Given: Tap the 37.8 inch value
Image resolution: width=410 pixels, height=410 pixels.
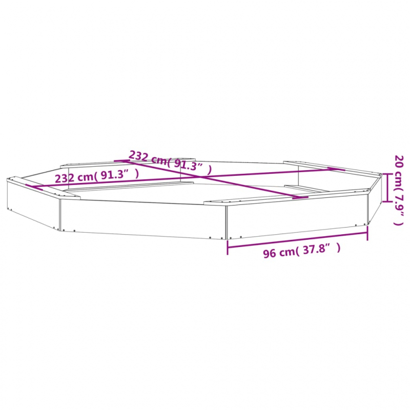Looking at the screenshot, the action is pyautogui.click(x=315, y=249).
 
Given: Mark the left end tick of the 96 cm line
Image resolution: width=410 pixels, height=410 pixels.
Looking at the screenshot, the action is pyautogui.click(x=228, y=248).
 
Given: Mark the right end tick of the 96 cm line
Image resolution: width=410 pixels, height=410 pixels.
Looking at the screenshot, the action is pyautogui.click(x=367, y=233).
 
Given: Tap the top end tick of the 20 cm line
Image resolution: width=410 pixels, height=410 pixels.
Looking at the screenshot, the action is pyautogui.click(x=387, y=174).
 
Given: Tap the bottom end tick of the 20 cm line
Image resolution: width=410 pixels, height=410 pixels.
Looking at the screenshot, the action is pyautogui.click(x=387, y=201).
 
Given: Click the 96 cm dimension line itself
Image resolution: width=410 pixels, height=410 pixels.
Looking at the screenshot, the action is pyautogui.click(x=298, y=240).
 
